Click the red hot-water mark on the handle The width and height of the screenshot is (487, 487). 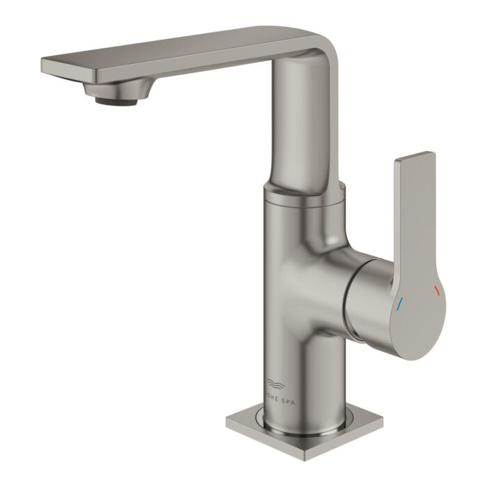[x=436, y=289]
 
